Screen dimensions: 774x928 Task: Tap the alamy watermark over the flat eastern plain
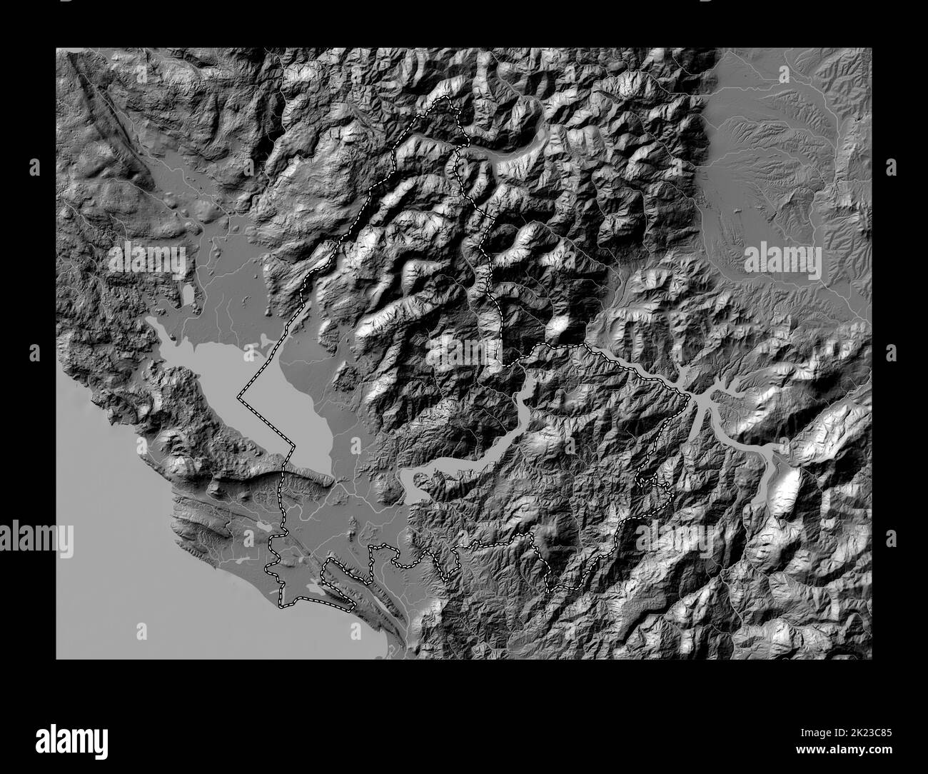tap(783, 258)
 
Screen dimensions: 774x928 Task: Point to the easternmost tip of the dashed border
tap(690, 398)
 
